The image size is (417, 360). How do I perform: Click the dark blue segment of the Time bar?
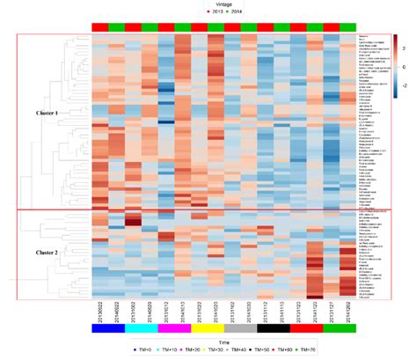108,327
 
